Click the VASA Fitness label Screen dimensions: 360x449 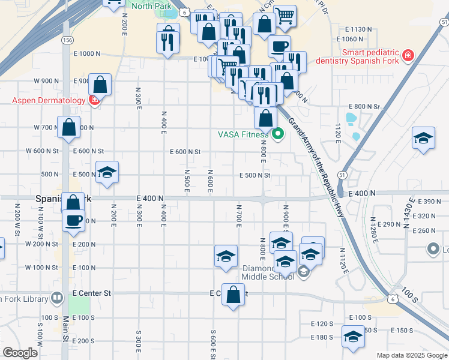pos(243,134)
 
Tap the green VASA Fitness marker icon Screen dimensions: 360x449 pos(277,134)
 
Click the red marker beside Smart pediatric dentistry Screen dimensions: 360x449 pos(408,56)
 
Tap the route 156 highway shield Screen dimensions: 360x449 pos(67,40)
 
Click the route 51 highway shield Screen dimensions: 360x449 pos(342,173)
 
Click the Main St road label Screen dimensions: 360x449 pos(65,337)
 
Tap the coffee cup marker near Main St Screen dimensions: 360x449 pos(73,220)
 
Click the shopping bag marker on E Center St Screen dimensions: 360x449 pos(234,294)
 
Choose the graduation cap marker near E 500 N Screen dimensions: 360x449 pos(107,172)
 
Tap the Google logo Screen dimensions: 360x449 pos(20,353)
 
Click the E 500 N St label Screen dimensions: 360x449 pos(255,175)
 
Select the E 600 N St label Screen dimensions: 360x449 pos(185,152)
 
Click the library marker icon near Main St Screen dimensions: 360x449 pos(57,297)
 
